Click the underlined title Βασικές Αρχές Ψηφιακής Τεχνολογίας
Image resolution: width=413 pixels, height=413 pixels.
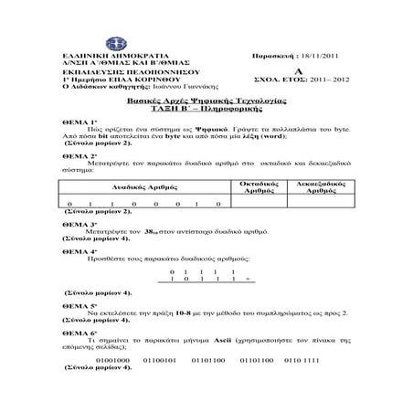click(200, 97)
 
